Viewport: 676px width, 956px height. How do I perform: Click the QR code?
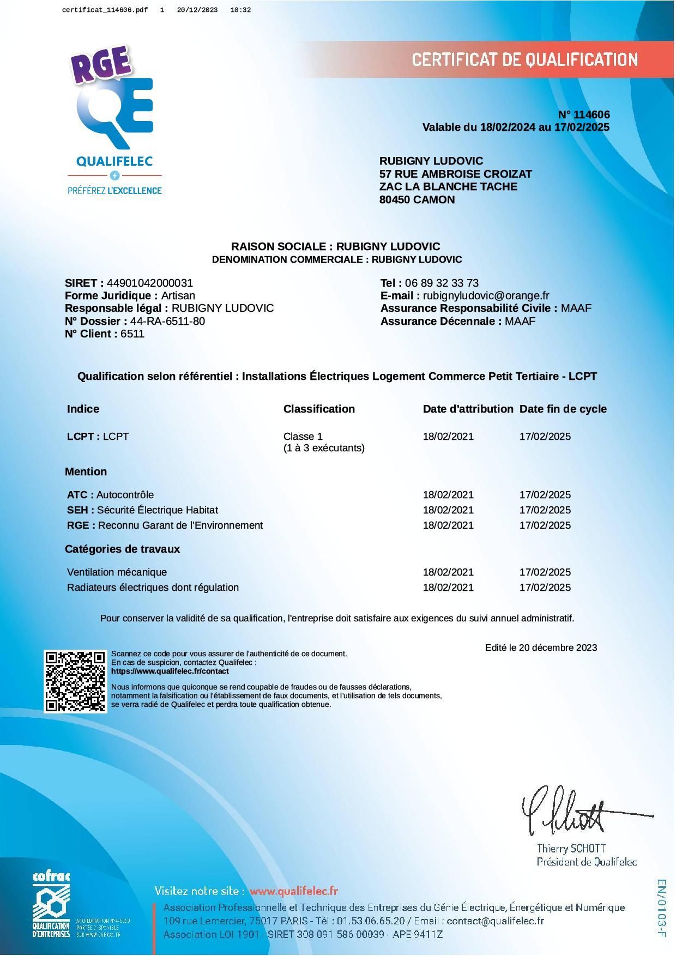click(x=75, y=681)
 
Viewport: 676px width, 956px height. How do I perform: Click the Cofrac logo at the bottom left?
click(x=51, y=905)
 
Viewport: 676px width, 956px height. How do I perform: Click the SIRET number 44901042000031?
click(x=150, y=283)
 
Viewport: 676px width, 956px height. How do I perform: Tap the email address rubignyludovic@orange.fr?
click(x=486, y=295)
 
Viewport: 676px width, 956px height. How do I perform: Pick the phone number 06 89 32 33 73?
click(x=442, y=283)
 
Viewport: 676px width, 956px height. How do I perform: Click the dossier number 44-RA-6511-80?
click(x=167, y=321)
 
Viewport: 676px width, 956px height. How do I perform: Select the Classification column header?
click(x=319, y=409)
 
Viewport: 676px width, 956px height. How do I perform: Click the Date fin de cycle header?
click(x=563, y=409)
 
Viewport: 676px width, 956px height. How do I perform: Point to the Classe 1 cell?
click(x=303, y=436)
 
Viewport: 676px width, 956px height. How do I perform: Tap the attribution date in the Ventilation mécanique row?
click(x=448, y=572)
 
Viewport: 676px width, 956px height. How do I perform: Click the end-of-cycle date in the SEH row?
click(x=545, y=510)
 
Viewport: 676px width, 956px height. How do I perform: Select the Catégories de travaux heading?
click(x=122, y=549)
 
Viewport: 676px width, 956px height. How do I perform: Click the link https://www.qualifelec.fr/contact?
click(x=170, y=671)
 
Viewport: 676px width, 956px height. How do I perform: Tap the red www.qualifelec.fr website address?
click(x=294, y=891)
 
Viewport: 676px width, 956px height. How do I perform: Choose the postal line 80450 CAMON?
click(x=417, y=199)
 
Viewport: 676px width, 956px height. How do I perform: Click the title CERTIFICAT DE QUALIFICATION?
click(x=524, y=59)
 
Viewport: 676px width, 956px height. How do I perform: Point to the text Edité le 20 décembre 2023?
click(x=541, y=648)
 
